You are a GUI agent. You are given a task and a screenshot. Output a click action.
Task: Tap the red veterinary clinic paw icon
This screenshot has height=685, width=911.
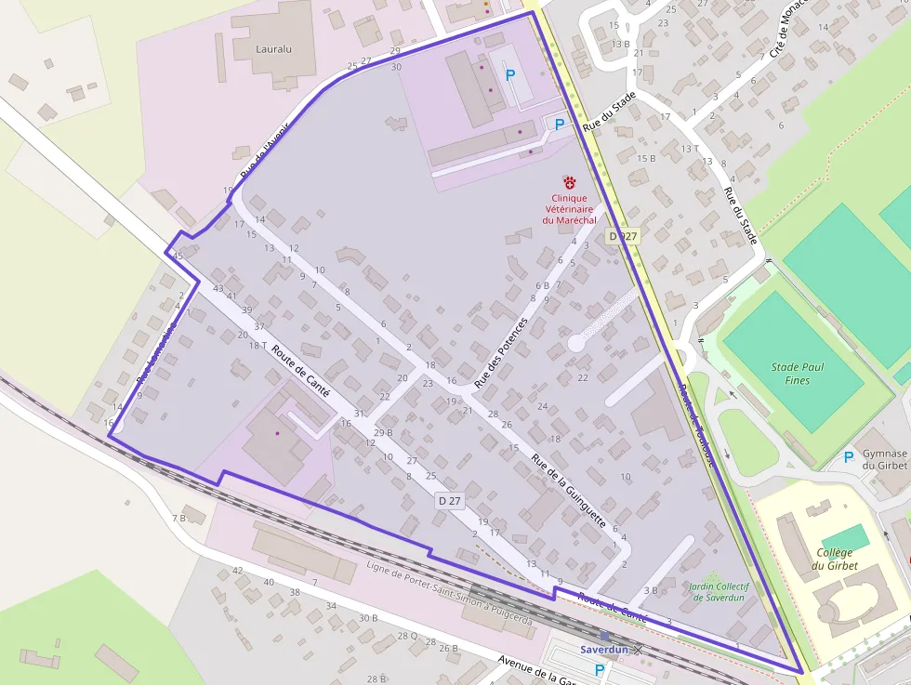pyautogui.click(x=569, y=183)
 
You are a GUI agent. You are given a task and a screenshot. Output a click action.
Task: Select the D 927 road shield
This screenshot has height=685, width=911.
pyautogui.click(x=623, y=237)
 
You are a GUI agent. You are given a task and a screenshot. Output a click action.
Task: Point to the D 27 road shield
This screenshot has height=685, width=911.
pyautogui.click(x=449, y=501)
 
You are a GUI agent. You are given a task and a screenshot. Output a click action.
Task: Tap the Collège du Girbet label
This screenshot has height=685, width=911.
pyautogui.click(x=834, y=559)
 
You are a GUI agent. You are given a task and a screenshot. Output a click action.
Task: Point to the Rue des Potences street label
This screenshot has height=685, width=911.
pyautogui.click(x=500, y=353)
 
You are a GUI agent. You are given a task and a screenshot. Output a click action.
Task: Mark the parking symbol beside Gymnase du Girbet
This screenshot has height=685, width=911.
pyautogui.click(x=848, y=456)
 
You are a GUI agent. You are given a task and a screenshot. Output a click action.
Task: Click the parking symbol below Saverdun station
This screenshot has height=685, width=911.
pyautogui.click(x=599, y=669)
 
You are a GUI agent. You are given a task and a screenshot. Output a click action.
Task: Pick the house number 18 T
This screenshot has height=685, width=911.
pyautogui.click(x=257, y=346)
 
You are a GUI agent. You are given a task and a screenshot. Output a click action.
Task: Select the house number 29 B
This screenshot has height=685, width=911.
pyautogui.click(x=383, y=433)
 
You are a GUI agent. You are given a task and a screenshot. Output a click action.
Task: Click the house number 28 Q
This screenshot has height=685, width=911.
pyautogui.click(x=407, y=636)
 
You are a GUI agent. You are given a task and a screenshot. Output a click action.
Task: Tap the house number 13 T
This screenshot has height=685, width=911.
pyautogui.click(x=689, y=149)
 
